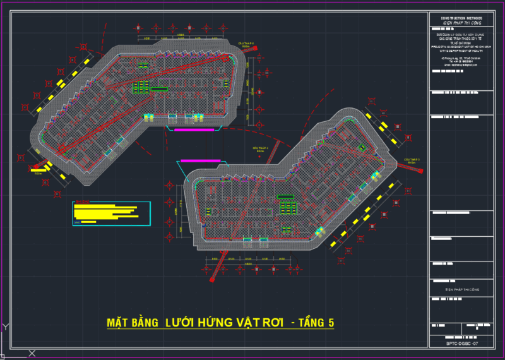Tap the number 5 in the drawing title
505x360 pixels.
(330, 323)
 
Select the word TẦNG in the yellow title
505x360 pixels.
(311, 323)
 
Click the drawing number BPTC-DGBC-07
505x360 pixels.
(462, 343)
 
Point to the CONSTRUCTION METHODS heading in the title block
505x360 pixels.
(461, 18)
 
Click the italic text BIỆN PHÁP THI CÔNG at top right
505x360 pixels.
(461, 23)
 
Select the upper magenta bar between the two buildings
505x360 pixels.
(194, 129)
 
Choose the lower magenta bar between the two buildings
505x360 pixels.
(200, 161)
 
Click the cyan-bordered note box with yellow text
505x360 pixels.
(112, 214)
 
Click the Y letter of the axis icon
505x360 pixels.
(6, 327)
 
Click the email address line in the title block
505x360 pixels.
(461, 64)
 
